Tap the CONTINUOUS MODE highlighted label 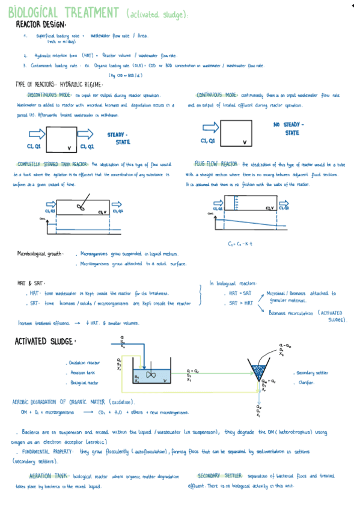(x=217, y=96)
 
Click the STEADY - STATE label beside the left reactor (x=118, y=138)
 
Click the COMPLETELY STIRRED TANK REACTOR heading (x=53, y=164)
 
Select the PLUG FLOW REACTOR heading (x=216, y=164)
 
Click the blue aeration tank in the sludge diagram (x=150, y=376)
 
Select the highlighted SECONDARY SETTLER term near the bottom (x=219, y=475)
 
